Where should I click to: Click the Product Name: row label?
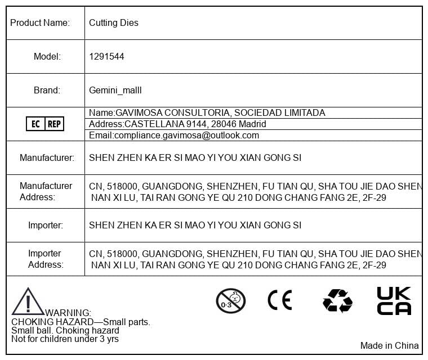[x=40, y=23]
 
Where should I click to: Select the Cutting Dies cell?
[x=114, y=23]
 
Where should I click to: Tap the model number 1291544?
[x=106, y=57]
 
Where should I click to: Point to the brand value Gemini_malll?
[x=115, y=90]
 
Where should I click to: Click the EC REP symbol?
[x=45, y=124]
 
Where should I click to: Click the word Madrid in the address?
[x=253, y=124]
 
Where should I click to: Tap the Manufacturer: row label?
[x=47, y=158]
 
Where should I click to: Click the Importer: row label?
[x=46, y=226]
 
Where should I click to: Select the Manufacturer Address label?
[x=46, y=191]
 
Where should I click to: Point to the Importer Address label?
[x=46, y=259]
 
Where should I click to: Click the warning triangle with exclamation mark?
[x=27, y=301]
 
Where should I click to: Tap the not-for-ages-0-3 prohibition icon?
[x=231, y=300]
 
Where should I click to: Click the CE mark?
[x=279, y=300]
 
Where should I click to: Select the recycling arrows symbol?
[x=337, y=300]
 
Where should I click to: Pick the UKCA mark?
[x=394, y=301]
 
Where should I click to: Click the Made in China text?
[x=389, y=345]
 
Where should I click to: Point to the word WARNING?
[x=68, y=313]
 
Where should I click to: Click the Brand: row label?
[x=47, y=90]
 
